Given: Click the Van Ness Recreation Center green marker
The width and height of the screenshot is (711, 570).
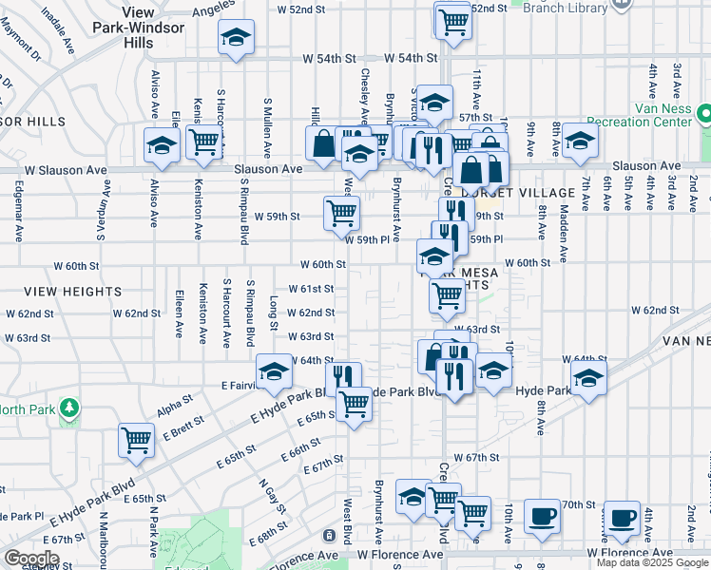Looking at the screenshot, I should coord(704,115).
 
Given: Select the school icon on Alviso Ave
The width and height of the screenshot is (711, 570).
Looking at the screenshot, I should coord(162,146).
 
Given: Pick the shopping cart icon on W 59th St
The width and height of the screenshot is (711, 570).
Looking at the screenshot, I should coord(341,213).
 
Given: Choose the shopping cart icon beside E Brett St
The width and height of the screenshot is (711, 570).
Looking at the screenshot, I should coord(136,440).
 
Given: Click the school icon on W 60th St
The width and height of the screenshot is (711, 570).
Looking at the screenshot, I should coord(434,255).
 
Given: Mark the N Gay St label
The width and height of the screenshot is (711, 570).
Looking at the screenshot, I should coord(268,494).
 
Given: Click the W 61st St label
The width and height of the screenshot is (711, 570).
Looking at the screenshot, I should coord(312,289).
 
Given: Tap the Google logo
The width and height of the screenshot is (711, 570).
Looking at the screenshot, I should coord(32,559).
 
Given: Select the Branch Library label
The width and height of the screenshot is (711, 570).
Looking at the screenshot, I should coord(566,9).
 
